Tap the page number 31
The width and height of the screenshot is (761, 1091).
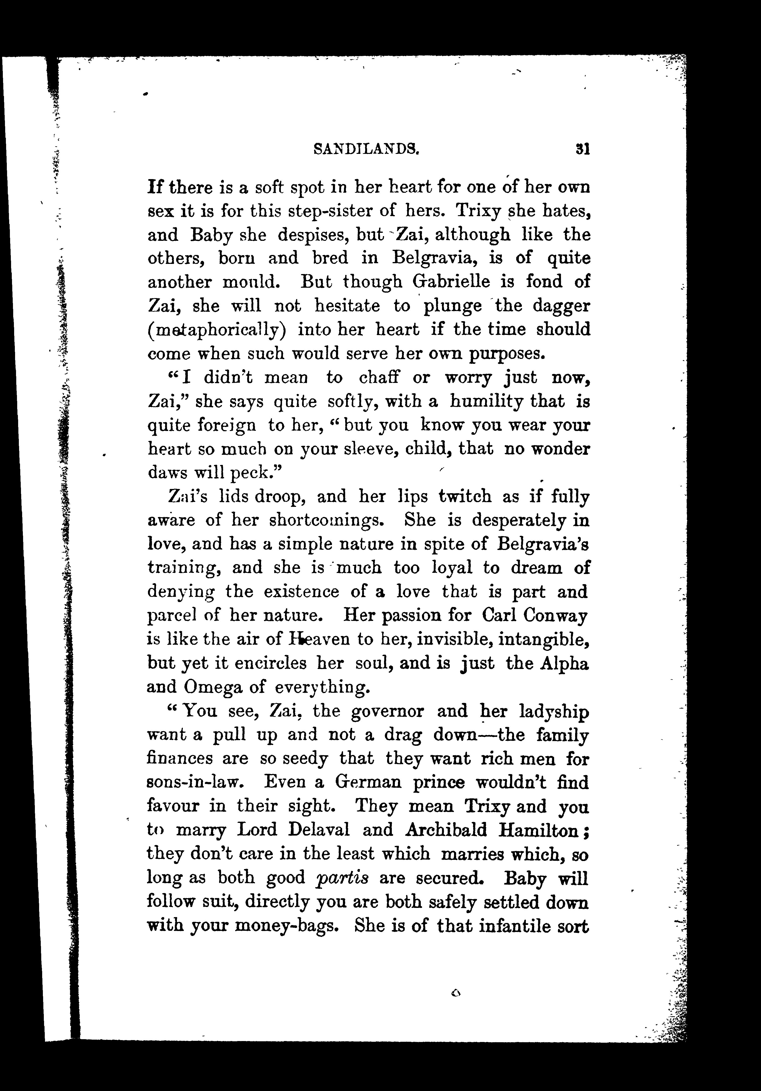pyautogui.click(x=582, y=150)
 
